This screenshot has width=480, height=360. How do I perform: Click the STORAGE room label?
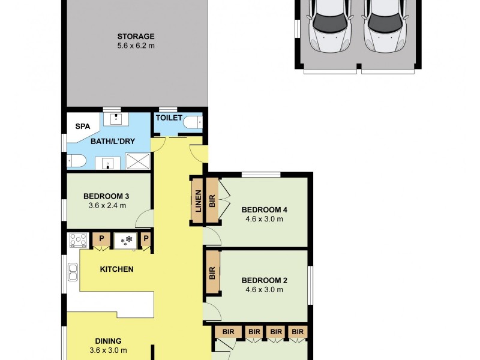tap(136, 37)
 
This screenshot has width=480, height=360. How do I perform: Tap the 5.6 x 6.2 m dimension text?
tap(136, 46)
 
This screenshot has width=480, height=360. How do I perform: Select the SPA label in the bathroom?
tap(83, 126)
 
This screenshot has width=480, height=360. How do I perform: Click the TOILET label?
tap(169, 118)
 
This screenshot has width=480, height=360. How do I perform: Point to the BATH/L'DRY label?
tap(113, 142)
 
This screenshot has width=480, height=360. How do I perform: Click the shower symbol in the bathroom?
tap(138, 161)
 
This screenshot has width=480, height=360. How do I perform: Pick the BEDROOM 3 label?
tap(106, 196)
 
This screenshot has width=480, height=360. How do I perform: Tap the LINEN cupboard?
tap(198, 201)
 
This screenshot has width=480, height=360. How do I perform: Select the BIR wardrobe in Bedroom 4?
tap(212, 200)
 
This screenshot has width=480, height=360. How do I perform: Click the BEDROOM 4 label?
tap(264, 210)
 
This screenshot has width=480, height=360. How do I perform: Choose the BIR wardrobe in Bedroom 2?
tap(212, 272)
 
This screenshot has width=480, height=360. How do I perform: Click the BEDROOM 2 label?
tap(264, 280)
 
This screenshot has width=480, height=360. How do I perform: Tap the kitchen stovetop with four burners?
tap(79, 241)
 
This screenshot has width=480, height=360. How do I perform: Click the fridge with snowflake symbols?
tap(125, 241)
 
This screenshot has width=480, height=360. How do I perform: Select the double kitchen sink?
tap(73, 272)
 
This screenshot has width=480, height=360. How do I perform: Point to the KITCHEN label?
tap(116, 269)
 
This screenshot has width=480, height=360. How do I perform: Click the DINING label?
tap(109, 341)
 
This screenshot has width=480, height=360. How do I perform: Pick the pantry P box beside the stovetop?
tap(101, 239)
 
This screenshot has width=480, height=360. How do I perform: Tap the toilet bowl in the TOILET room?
tap(193, 123)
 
